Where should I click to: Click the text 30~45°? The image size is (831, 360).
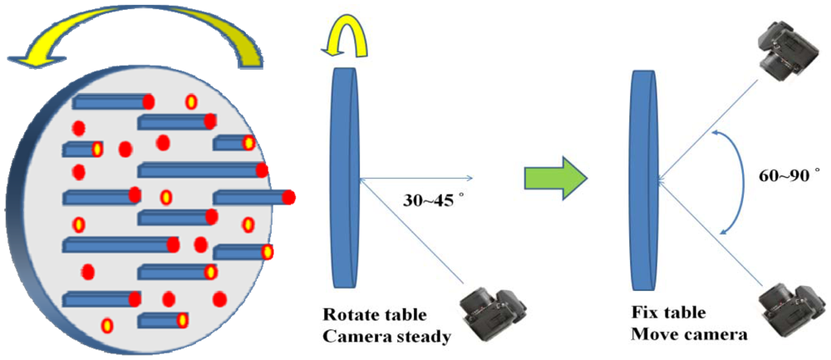click(427, 200)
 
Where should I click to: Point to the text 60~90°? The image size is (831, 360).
click(789, 176)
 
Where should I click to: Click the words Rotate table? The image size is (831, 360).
click(375, 316)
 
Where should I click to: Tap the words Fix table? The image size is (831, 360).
click(667, 314)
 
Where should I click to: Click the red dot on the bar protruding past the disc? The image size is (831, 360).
click(289, 198)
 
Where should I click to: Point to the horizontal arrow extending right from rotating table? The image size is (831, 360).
click(415, 178)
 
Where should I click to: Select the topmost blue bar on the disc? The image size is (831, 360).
click(108, 102)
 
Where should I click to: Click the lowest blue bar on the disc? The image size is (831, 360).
click(158, 320)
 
